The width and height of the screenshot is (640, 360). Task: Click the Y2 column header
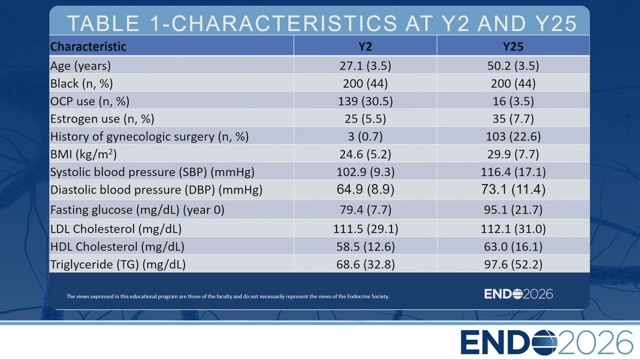pos(365,46)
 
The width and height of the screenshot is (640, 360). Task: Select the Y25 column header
pos(513,46)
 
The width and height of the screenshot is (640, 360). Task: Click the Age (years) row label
pos(80,65)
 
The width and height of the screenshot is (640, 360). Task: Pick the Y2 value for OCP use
pos(365,101)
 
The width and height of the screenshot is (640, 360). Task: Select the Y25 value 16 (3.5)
pos(513,101)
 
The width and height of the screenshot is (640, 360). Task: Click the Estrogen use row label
pos(102,118)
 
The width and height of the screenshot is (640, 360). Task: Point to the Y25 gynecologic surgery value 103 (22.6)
pos(513,136)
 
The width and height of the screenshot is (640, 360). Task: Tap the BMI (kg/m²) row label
pos(83,154)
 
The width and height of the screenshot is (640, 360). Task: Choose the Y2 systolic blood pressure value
pos(365,171)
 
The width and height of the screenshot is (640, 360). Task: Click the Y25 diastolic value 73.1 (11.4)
pos(513,189)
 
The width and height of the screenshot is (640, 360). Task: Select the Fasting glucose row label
pos(137,209)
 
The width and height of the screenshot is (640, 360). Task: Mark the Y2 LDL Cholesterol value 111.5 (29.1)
pos(365,229)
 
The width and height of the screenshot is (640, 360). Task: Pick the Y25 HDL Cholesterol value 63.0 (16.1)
pos(513,246)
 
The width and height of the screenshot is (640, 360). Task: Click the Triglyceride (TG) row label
pos(118,264)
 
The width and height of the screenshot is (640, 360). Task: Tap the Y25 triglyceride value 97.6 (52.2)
pos(513,264)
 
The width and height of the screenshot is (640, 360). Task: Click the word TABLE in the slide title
pos(103,23)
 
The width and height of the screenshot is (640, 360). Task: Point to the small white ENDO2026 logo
pos(518,294)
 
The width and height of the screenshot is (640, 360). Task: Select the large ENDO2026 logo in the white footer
pos(546,342)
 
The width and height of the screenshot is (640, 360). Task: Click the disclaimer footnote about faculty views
pos(228,296)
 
